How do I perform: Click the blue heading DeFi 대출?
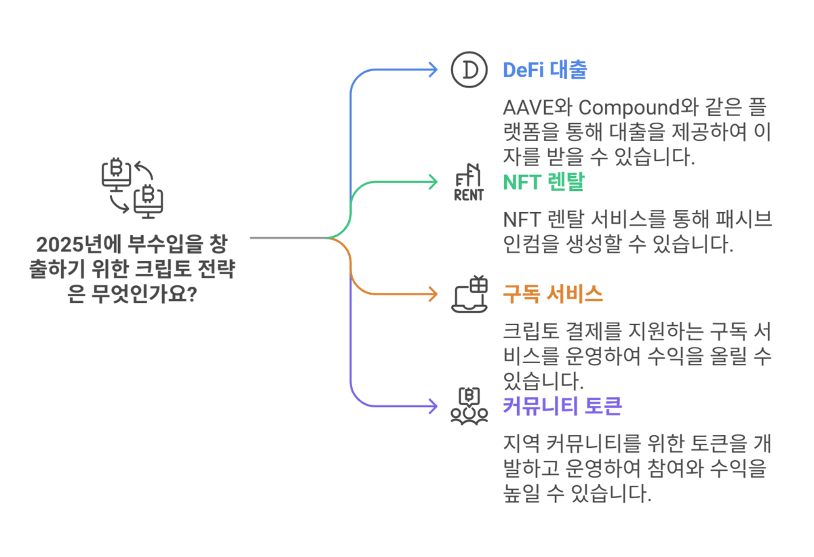point(544,70)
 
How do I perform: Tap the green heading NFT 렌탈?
point(543,182)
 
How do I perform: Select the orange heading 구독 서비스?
point(552,294)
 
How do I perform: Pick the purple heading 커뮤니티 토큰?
point(562,406)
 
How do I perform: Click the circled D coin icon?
point(469,69)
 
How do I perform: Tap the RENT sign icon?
point(469,182)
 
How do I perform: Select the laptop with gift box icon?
point(469,294)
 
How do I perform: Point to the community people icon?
point(469,406)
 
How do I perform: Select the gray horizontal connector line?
point(288,238)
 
